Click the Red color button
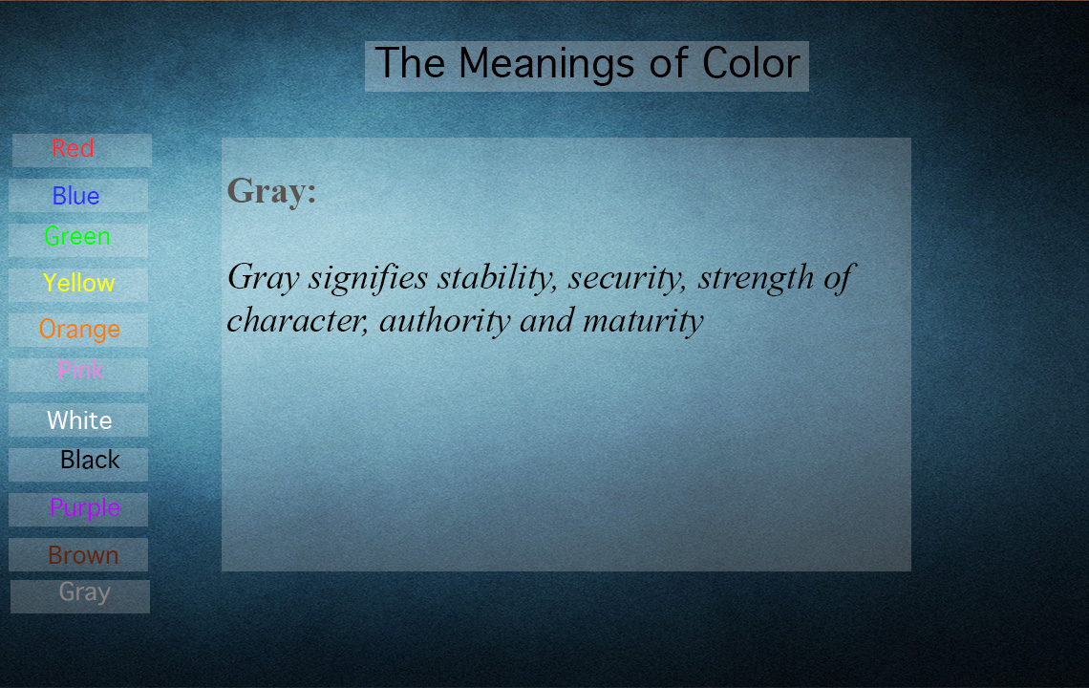tap(82, 150)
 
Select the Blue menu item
tap(78, 195)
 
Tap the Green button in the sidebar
tap(78, 240)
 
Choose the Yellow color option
tap(78, 285)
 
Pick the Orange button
tap(78, 330)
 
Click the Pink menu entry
tap(78, 375)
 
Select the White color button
tap(78, 419)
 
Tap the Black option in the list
tap(78, 465)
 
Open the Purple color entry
tap(78, 509)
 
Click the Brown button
tap(78, 554)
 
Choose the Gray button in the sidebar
tap(80, 596)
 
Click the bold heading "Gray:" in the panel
tap(271, 191)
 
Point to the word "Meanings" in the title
tap(546, 65)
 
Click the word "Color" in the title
tap(751, 63)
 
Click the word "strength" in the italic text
tap(756, 278)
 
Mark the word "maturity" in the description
tap(643, 321)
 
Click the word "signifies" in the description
tap(368, 278)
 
